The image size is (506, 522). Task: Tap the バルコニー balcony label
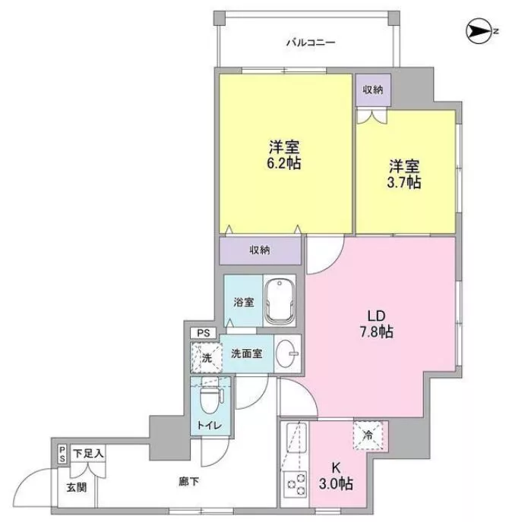[x=311, y=42]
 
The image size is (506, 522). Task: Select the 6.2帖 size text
[x=284, y=163]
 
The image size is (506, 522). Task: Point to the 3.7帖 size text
[x=404, y=182]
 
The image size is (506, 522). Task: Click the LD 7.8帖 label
[x=376, y=324]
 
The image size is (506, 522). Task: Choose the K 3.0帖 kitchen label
[x=336, y=476]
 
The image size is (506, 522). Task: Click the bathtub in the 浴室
[x=280, y=301]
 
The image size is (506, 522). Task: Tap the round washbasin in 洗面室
[x=287, y=354]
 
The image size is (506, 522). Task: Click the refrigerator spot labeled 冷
[x=368, y=435]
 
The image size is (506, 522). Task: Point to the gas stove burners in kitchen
[x=295, y=484]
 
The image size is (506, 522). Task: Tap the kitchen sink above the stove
[x=296, y=438]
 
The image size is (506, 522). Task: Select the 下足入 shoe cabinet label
[x=88, y=453]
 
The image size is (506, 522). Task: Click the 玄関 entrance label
[x=77, y=487]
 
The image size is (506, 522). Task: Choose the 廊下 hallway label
[x=188, y=481]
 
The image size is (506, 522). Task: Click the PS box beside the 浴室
[x=204, y=333]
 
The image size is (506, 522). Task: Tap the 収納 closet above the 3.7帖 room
[x=373, y=90]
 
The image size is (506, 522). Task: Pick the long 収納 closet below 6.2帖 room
[x=260, y=250]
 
